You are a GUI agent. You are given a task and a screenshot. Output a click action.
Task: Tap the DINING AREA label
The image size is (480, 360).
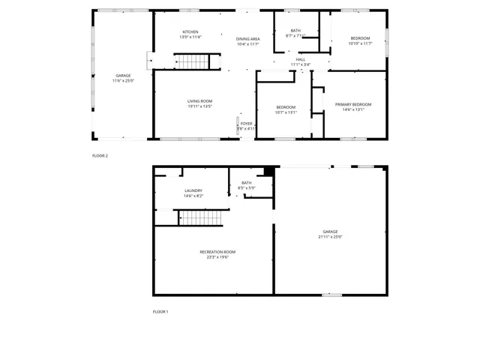click(x=247, y=39)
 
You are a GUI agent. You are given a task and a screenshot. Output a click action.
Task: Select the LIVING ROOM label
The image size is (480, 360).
click(x=200, y=101)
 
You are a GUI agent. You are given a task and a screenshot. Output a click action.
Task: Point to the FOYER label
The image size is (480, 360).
click(x=246, y=124)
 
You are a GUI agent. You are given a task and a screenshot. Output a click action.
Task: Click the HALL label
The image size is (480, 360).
click(x=300, y=59)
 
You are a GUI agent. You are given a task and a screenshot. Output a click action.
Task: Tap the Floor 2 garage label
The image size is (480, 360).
click(x=123, y=76)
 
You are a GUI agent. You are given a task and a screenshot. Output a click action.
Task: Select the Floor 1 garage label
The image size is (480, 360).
click(x=330, y=232)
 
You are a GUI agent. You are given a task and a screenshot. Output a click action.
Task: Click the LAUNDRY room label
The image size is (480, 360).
click(x=193, y=190)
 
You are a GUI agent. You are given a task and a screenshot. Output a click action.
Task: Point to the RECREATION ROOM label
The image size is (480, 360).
click(x=217, y=252)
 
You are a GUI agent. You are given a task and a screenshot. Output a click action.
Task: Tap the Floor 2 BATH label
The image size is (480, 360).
click(x=295, y=31)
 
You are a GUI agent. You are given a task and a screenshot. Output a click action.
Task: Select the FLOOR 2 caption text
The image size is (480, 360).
click(x=100, y=156)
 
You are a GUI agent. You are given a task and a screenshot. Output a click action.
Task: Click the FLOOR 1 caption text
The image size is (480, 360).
click(x=160, y=311)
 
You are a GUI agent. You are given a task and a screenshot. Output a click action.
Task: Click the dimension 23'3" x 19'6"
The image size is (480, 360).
click(x=217, y=256)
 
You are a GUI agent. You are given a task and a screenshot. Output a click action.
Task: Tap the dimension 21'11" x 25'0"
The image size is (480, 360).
click(x=330, y=237)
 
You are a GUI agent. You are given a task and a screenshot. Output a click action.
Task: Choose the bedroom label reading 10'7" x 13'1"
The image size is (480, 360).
click(x=286, y=112)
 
